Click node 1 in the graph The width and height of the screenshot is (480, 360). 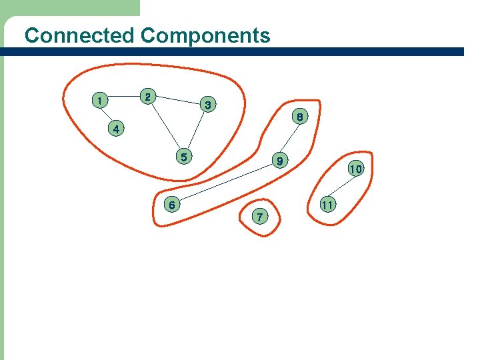coord(99,101)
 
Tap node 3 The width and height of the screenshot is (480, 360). coord(208,105)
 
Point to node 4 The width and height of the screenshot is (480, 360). coord(116,129)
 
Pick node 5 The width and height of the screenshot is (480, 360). coord(183,157)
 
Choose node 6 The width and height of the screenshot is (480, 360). coord(171,205)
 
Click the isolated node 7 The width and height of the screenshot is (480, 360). coord(259,217)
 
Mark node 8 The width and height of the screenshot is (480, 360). coord(301,117)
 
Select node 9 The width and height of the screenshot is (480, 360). coord(281,161)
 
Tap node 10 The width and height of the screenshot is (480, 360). coord(355,169)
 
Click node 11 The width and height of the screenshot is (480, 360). coord(327,204)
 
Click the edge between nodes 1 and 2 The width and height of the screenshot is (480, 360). coord(124,98)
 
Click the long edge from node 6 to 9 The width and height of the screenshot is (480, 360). coord(225,183)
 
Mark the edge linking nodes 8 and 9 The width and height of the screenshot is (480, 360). coord(291,139)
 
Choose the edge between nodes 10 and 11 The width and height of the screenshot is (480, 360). coord(341,187)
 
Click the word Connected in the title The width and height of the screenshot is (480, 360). coord(79,35)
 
